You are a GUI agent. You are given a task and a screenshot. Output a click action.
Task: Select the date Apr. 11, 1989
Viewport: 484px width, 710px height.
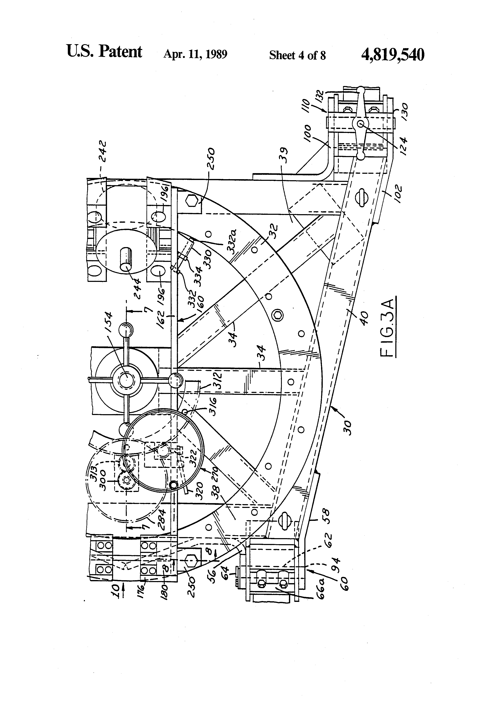tap(195, 54)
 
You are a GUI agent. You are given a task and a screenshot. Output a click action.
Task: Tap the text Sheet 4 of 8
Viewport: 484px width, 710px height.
tap(297, 55)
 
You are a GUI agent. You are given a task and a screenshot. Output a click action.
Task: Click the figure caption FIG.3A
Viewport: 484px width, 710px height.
tap(388, 327)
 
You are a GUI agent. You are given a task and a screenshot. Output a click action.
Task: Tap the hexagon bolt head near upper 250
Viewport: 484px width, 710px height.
tap(192, 202)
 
